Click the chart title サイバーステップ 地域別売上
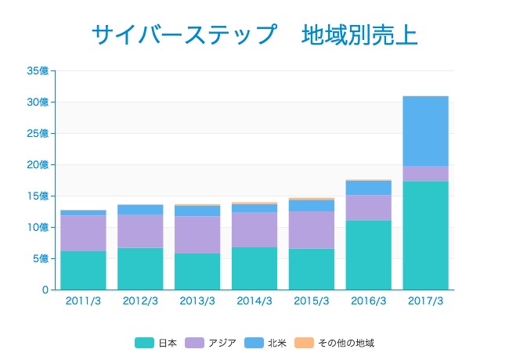(x=254, y=35)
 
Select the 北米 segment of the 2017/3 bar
(x=425, y=131)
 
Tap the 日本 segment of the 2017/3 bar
(x=425, y=236)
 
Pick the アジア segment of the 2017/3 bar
(x=425, y=174)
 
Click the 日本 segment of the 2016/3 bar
(x=368, y=255)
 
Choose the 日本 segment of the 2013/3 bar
(x=197, y=272)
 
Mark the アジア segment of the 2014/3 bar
(x=254, y=229)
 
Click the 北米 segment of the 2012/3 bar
(x=140, y=210)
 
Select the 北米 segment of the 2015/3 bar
(x=311, y=206)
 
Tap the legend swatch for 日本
(x=144, y=343)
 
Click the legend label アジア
(x=222, y=343)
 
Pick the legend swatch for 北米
(x=253, y=343)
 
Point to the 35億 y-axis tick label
(x=38, y=70)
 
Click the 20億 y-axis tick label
(x=38, y=164)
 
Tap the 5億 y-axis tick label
(x=41, y=258)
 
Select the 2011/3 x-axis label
(x=83, y=301)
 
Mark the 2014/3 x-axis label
(x=254, y=301)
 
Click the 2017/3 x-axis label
(x=425, y=301)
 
